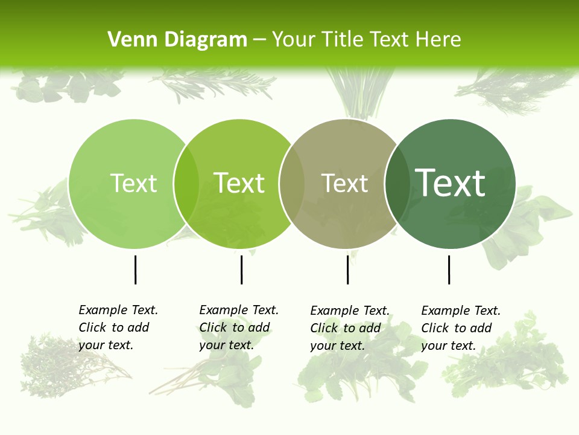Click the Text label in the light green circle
point(133,183)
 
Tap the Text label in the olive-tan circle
point(344,183)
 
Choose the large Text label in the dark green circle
point(450,183)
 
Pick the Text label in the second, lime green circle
point(239,183)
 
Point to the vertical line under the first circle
point(135,269)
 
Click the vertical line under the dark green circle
point(449,269)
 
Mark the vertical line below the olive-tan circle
point(347,269)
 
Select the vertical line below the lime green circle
point(241,269)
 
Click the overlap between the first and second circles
point(186,184)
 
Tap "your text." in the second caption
point(226,346)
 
